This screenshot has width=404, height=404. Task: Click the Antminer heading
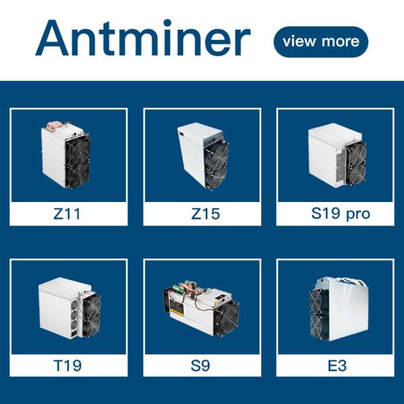tap(143, 38)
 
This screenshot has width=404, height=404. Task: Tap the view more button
tap(321, 42)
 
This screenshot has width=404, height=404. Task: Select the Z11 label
tap(67, 213)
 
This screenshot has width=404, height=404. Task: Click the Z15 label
tap(205, 213)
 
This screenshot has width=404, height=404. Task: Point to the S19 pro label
tap(341, 213)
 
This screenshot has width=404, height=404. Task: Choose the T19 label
tap(67, 365)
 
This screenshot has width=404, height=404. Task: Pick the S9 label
tap(200, 365)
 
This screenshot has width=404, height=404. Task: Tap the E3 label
tap(337, 365)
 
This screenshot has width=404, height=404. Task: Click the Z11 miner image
tap(65, 155)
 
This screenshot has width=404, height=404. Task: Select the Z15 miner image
tap(203, 156)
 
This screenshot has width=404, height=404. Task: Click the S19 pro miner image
tap(337, 155)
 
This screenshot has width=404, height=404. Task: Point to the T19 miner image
tap(69, 308)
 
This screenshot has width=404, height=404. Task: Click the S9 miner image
tap(201, 308)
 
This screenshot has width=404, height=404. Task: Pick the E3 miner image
tap(339, 309)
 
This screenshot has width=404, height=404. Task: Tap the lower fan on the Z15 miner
tap(216, 175)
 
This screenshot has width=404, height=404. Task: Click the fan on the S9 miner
tap(228, 319)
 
